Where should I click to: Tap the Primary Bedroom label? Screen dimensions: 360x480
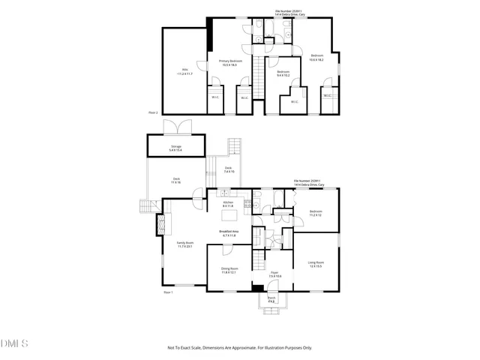point(229,63)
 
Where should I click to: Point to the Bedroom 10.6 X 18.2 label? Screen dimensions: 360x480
point(317,57)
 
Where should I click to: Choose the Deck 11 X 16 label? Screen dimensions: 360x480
point(176,181)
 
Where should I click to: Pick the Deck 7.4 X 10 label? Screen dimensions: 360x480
point(229,169)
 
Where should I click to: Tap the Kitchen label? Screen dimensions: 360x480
point(229,204)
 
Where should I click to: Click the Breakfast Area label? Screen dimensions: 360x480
point(229,233)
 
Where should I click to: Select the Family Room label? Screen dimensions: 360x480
point(184,244)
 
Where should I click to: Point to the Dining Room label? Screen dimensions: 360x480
point(229,270)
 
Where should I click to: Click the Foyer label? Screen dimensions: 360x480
point(274,274)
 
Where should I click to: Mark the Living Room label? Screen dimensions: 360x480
point(316,263)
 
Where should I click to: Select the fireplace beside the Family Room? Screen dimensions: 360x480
point(160,223)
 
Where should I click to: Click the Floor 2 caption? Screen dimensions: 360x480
point(153,112)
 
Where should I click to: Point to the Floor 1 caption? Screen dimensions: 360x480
point(168,292)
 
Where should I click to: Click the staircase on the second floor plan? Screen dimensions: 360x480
point(259,75)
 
